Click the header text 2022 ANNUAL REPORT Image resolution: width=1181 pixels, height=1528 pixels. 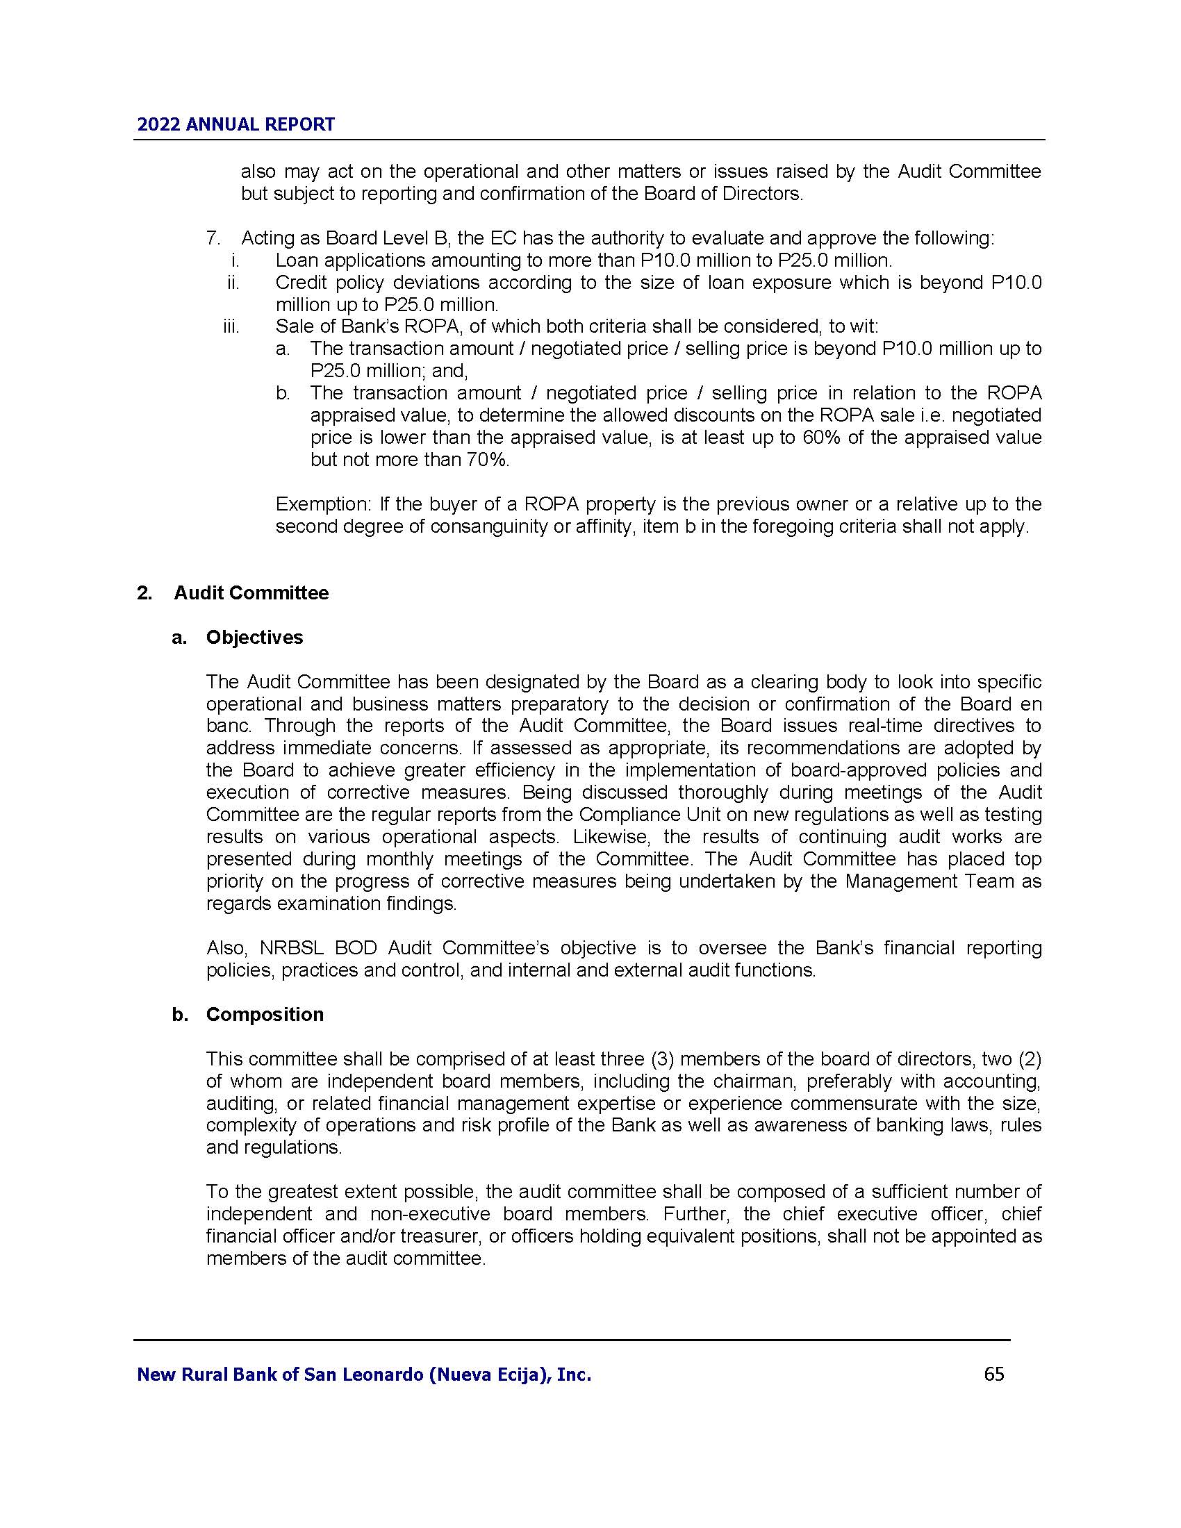[236, 124]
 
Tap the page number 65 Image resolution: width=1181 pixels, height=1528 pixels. [993, 1374]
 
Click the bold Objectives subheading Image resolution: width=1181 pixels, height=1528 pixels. [255, 638]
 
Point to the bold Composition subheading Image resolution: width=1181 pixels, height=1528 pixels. [265, 1015]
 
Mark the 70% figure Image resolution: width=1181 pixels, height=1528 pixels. [488, 460]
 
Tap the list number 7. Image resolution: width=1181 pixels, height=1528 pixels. [213, 238]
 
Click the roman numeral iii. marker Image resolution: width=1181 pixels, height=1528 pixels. [231, 326]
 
